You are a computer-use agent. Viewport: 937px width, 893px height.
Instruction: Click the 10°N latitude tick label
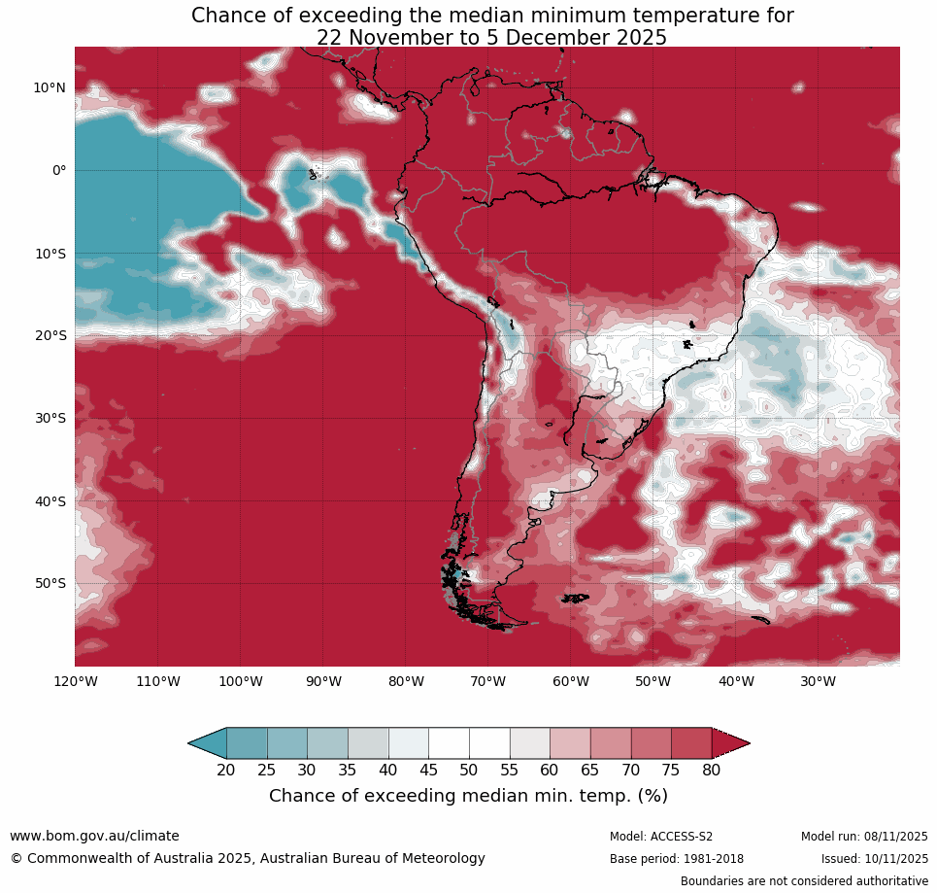pyautogui.click(x=49, y=87)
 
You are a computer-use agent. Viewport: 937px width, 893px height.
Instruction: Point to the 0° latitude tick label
pyautogui.click(x=58, y=170)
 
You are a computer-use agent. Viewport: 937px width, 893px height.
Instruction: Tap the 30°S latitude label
pyautogui.click(x=49, y=418)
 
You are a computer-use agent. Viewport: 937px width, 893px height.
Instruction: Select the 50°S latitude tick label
pyautogui.click(x=49, y=583)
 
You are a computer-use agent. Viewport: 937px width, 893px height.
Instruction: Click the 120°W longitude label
pyautogui.click(x=75, y=681)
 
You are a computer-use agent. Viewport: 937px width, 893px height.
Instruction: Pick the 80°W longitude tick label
pyautogui.click(x=405, y=681)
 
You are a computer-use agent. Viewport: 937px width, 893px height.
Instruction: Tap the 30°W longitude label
pyautogui.click(x=818, y=681)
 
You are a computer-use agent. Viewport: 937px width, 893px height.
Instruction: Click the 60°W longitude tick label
pyautogui.click(x=570, y=681)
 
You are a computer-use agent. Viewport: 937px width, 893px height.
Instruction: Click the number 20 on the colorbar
pyautogui.click(x=225, y=770)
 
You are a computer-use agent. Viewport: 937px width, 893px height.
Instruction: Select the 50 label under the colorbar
pyautogui.click(x=468, y=770)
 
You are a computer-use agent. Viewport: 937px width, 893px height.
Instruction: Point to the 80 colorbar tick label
pyautogui.click(x=711, y=770)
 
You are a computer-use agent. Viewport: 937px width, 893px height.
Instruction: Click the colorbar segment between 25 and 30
pyautogui.click(x=286, y=743)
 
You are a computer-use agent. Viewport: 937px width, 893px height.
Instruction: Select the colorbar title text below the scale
pyautogui.click(x=468, y=796)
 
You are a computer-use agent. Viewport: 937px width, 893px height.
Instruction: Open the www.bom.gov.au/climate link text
pyautogui.click(x=94, y=836)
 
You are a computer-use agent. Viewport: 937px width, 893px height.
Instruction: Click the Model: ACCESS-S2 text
pyautogui.click(x=661, y=837)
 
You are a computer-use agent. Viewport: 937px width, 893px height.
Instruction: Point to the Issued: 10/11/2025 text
pyautogui.click(x=874, y=859)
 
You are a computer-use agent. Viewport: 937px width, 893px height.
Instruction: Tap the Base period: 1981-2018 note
pyautogui.click(x=677, y=859)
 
